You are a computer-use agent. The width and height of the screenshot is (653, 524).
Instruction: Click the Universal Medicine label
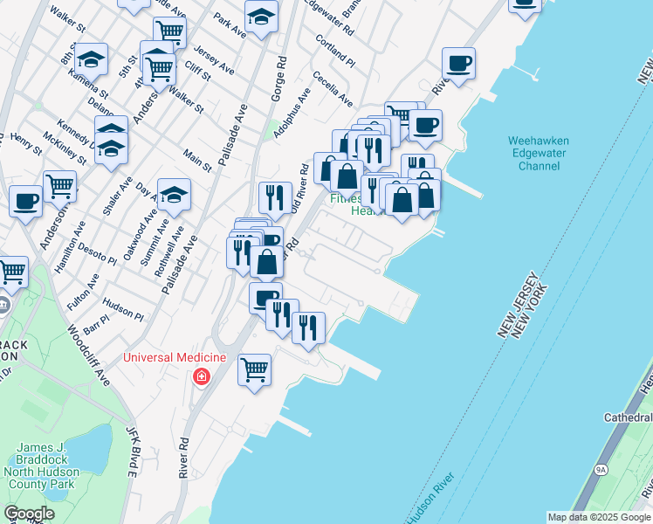[x=175, y=357]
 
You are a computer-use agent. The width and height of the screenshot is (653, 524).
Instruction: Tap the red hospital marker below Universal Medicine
[x=202, y=376]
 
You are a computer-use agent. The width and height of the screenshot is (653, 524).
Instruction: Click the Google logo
[x=29, y=514]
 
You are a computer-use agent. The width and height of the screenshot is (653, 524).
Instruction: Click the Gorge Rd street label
[x=280, y=79]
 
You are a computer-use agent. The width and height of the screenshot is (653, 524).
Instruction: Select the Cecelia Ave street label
[x=332, y=88]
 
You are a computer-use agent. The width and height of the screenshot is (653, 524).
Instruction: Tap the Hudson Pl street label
[x=122, y=307]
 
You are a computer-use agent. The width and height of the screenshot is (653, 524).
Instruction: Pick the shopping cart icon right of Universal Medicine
[x=254, y=368]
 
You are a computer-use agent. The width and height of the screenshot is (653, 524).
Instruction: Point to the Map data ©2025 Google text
[x=598, y=517]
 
